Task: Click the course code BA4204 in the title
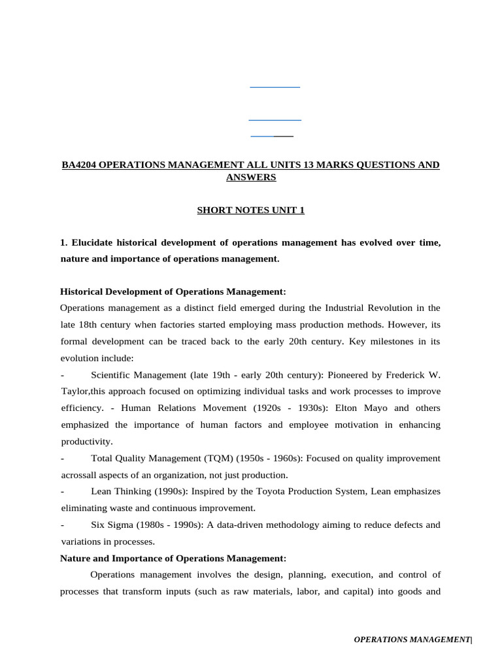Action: point(79,165)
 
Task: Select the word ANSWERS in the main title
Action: point(251,177)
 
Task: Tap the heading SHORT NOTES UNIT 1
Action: point(251,210)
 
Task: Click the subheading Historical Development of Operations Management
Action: point(173,291)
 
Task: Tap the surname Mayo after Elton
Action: point(382,408)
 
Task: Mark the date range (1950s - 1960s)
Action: point(265,458)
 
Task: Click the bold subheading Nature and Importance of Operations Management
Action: point(173,558)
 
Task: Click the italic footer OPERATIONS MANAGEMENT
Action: point(411,640)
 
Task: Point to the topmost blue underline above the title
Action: point(275,87)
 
